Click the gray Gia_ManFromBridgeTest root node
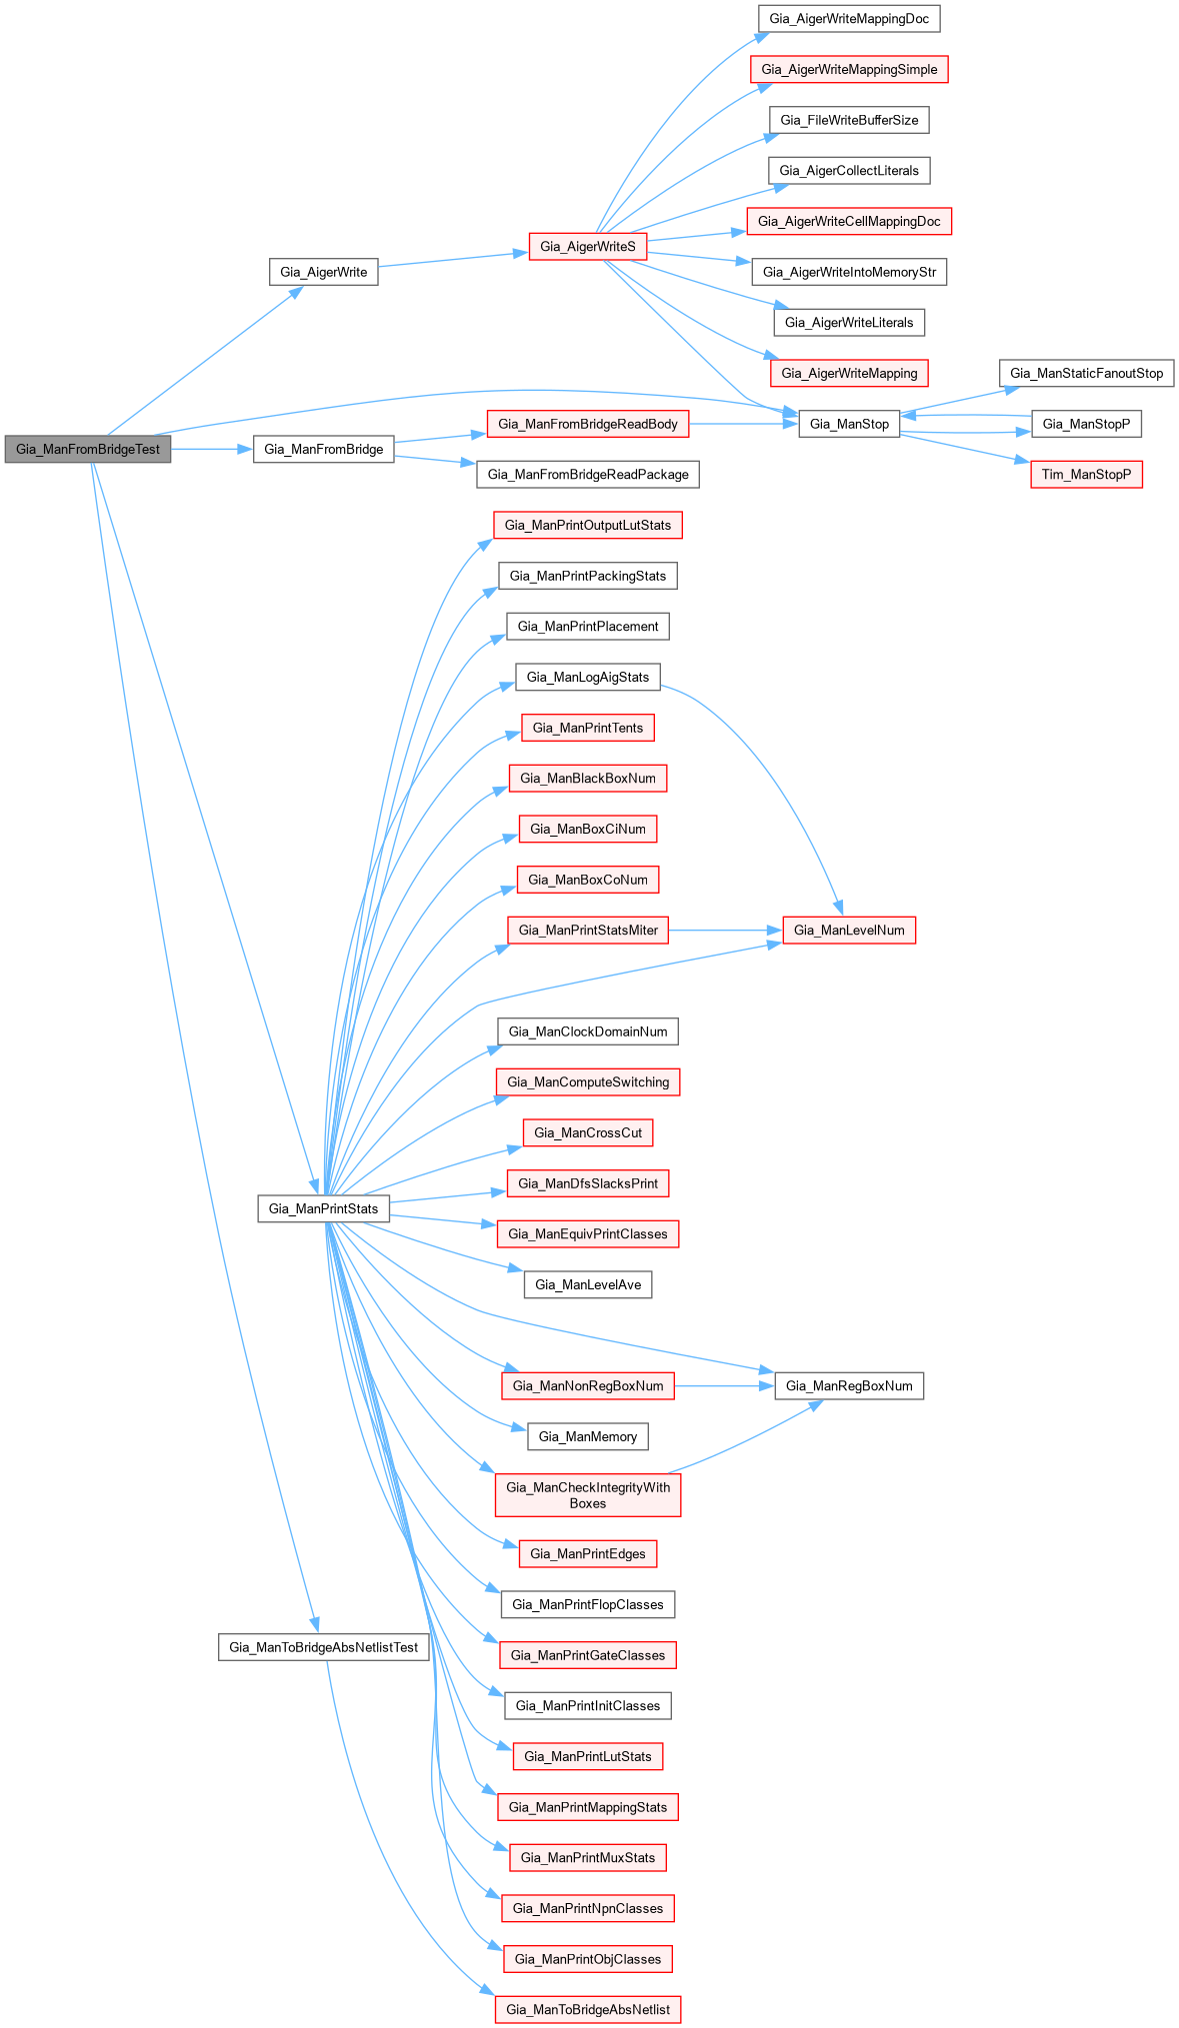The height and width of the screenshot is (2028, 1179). (x=88, y=449)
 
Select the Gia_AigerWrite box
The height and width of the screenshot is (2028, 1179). (x=323, y=272)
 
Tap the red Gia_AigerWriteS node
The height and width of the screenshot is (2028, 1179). (x=587, y=246)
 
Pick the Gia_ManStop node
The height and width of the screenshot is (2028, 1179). (x=849, y=424)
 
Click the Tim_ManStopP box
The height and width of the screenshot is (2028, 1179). (x=1086, y=474)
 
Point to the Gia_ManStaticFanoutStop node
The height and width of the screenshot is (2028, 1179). (x=1086, y=373)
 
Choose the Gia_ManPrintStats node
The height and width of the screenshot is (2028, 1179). (x=323, y=1208)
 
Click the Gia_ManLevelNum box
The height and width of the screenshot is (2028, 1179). (x=849, y=930)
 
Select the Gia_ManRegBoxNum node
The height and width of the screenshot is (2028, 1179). (x=849, y=1385)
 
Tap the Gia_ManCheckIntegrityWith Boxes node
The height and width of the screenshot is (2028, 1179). (x=588, y=1494)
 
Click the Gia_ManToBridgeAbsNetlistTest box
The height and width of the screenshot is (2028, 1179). (x=323, y=1647)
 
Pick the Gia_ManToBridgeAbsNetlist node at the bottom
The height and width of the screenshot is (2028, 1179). (x=588, y=2009)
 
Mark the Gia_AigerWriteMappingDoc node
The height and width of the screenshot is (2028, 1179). (x=849, y=18)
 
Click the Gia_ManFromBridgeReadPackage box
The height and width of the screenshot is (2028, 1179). (x=588, y=474)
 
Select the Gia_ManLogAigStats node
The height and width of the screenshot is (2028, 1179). (x=588, y=677)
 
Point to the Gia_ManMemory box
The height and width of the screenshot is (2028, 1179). (x=588, y=1436)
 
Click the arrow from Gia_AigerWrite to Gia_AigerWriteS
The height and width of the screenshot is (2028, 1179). (x=452, y=259)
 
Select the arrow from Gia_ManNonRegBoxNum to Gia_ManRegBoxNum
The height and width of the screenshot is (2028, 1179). (x=724, y=1385)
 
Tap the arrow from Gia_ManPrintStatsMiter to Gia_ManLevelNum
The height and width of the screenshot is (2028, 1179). (x=725, y=930)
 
